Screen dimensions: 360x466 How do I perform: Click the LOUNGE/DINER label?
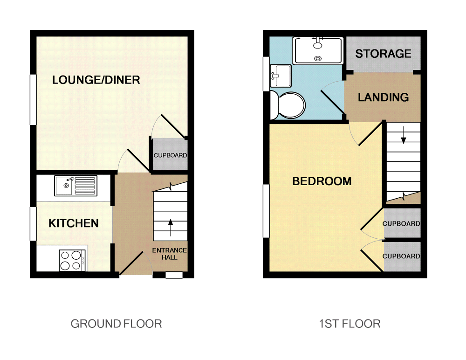point(96,80)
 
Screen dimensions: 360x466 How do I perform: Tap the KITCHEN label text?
point(74,223)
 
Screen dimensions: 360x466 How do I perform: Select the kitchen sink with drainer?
point(75,186)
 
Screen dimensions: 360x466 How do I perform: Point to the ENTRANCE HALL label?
point(170,254)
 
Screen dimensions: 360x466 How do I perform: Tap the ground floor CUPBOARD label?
point(170,155)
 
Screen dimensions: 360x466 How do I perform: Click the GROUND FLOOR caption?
point(116,324)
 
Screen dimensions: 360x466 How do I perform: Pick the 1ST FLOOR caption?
point(349,324)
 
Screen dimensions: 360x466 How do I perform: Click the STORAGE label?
point(383,54)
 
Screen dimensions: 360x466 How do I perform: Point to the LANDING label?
point(383,97)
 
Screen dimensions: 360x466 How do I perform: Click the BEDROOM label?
point(322,181)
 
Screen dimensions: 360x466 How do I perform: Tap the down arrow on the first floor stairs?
point(403,135)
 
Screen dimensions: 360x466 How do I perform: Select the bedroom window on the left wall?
point(266,210)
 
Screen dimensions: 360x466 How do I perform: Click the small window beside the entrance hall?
point(174,275)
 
